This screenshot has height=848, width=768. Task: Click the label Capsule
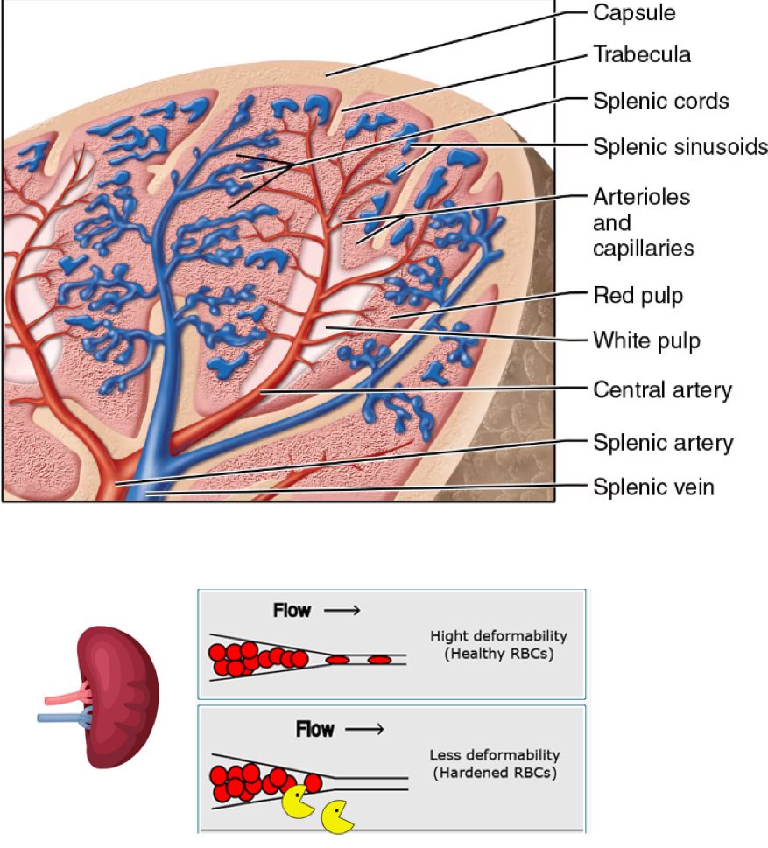[635, 12]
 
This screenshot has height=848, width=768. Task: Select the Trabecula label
[642, 54]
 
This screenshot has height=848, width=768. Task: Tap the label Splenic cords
[661, 101]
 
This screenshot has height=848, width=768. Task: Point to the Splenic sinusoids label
[680, 146]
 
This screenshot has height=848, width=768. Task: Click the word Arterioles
[641, 198]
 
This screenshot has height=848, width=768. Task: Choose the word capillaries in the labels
[644, 249]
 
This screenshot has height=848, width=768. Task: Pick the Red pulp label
[638, 296]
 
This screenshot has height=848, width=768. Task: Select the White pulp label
[646, 340]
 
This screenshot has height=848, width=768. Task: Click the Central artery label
[662, 389]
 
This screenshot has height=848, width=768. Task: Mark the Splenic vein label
[653, 487]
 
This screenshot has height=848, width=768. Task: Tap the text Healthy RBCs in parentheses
[492, 653]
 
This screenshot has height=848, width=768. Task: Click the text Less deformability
[494, 755]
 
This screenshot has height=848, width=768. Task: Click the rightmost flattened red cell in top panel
[379, 659]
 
